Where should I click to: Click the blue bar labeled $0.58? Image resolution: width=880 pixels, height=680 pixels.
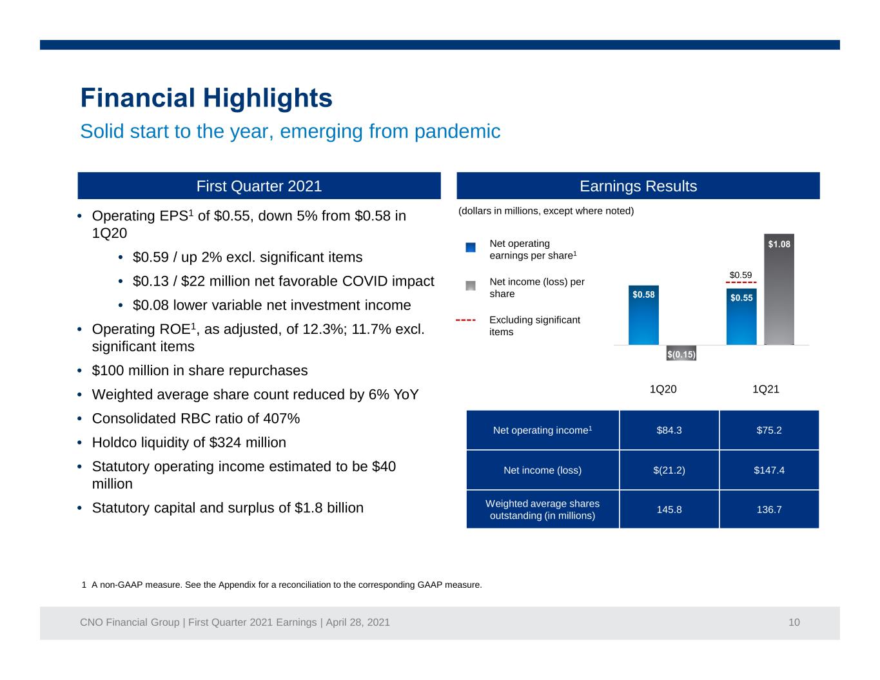pyautogui.click(x=643, y=315)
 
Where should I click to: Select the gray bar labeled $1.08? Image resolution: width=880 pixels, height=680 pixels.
pyautogui.click(x=779, y=289)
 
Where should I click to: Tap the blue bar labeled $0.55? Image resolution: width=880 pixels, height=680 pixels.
pyautogui.click(x=741, y=316)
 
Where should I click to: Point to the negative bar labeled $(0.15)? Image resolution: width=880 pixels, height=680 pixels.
pyautogui.click(x=681, y=353)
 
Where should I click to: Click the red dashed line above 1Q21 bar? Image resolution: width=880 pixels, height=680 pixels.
pyautogui.click(x=741, y=282)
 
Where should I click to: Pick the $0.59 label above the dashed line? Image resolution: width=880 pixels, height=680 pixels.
pyautogui.click(x=741, y=275)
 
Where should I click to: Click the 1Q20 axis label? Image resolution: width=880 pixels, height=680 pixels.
pyautogui.click(x=663, y=389)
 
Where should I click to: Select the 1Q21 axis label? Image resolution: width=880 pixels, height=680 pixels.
pyautogui.click(x=765, y=389)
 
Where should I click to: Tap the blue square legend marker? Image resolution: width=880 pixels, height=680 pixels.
pyautogui.click(x=470, y=248)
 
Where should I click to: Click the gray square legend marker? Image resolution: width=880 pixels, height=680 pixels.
pyautogui.click(x=470, y=286)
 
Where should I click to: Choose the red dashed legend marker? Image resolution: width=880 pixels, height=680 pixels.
pyautogui.click(x=465, y=320)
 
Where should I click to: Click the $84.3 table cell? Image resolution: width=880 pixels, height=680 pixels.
pyautogui.click(x=669, y=430)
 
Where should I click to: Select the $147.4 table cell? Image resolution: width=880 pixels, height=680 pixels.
pyautogui.click(x=769, y=470)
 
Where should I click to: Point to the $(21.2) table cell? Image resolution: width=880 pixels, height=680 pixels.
pyautogui.click(x=669, y=470)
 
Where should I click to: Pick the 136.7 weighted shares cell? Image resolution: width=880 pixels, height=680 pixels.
pyautogui.click(x=769, y=509)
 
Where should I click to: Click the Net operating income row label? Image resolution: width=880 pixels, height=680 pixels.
pyautogui.click(x=542, y=430)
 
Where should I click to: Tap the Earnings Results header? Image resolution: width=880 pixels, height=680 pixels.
pyautogui.click(x=638, y=186)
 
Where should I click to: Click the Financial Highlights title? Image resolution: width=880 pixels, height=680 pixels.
pyautogui.click(x=206, y=98)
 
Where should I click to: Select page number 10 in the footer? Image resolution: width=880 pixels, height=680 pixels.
pyautogui.click(x=794, y=622)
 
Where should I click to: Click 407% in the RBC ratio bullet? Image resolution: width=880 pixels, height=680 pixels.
pyautogui.click(x=282, y=418)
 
